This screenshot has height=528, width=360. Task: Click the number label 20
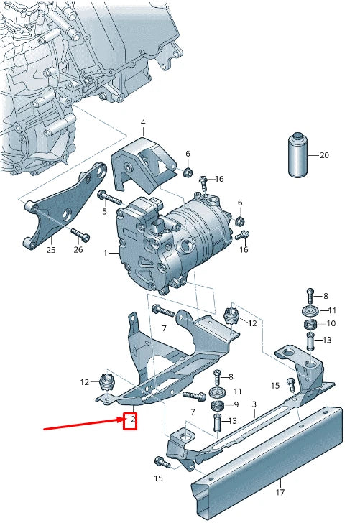pyautogui.click(x=323, y=155)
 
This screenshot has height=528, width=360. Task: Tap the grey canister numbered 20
pyautogui.click(x=296, y=154)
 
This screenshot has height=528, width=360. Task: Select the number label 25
pyautogui.click(x=50, y=250)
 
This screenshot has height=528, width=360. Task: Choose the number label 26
pyautogui.click(x=78, y=250)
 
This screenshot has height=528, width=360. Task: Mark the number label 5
pyautogui.click(x=103, y=211)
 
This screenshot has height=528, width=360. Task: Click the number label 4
pyautogui.click(x=142, y=122)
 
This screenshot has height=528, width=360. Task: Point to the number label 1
pyautogui.click(x=105, y=253)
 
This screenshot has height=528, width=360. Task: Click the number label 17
pyautogui.click(x=280, y=492)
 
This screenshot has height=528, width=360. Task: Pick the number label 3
pyautogui.click(x=254, y=405)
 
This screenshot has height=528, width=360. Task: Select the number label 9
pyautogui.click(x=236, y=405)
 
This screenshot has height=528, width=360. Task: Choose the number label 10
pyautogui.click(x=331, y=323)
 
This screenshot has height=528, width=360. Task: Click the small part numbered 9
pyautogui.click(x=218, y=407)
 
